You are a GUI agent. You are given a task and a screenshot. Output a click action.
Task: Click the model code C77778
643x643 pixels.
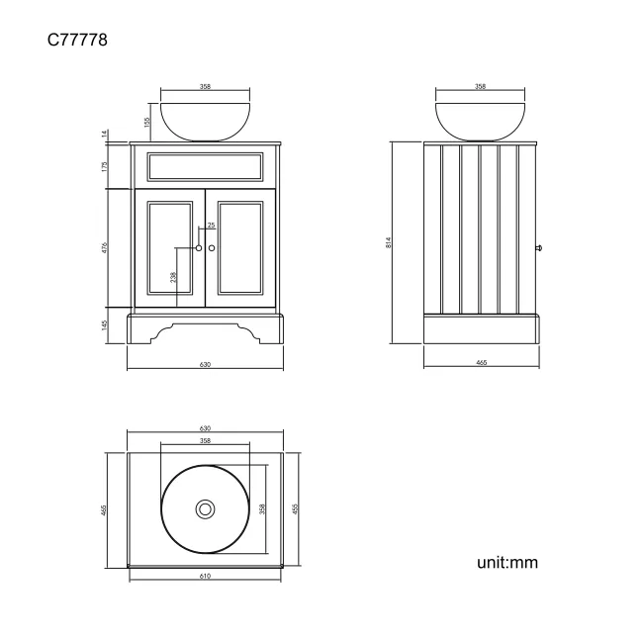[76, 41]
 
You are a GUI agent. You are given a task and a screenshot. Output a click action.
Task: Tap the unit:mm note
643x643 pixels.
[506, 562]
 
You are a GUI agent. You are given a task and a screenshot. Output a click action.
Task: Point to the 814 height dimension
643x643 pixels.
[389, 242]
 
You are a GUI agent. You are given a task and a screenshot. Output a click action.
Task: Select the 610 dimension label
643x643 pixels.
[205, 576]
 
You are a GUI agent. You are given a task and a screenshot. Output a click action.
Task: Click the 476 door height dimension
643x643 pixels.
[105, 247]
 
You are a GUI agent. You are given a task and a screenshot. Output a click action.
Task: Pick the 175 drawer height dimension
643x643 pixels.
[105, 166]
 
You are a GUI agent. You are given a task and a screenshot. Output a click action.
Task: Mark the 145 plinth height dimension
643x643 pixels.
[105, 325]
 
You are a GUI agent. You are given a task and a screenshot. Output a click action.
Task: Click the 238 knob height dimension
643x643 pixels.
[174, 278]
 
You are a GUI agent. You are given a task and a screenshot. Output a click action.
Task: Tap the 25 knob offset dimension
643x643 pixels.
[211, 226]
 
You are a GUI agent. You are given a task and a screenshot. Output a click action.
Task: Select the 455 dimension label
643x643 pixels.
[105, 509]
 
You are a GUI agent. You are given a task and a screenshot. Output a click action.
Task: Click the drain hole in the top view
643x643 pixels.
[205, 509]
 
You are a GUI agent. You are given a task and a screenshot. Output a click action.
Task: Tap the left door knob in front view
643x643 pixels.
[199, 247]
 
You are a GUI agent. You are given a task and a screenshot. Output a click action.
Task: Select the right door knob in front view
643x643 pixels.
[211, 247]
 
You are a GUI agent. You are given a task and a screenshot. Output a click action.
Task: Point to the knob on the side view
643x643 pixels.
[539, 247]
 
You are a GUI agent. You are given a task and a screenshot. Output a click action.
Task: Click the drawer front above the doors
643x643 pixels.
[205, 166]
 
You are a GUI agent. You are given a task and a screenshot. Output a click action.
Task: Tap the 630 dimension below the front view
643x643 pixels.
[205, 365]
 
